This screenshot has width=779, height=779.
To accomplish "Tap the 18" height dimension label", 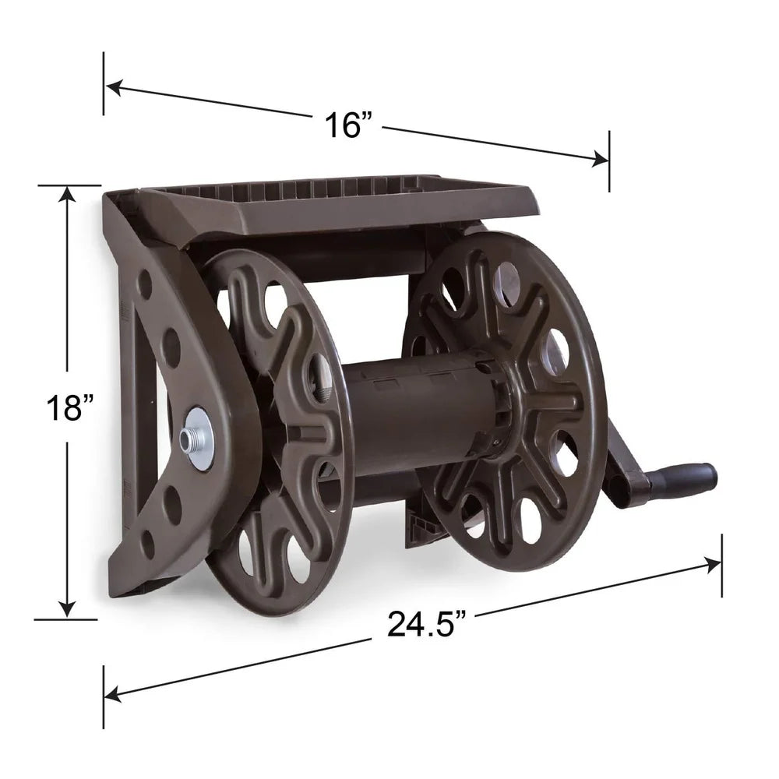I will pos(68,407).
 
